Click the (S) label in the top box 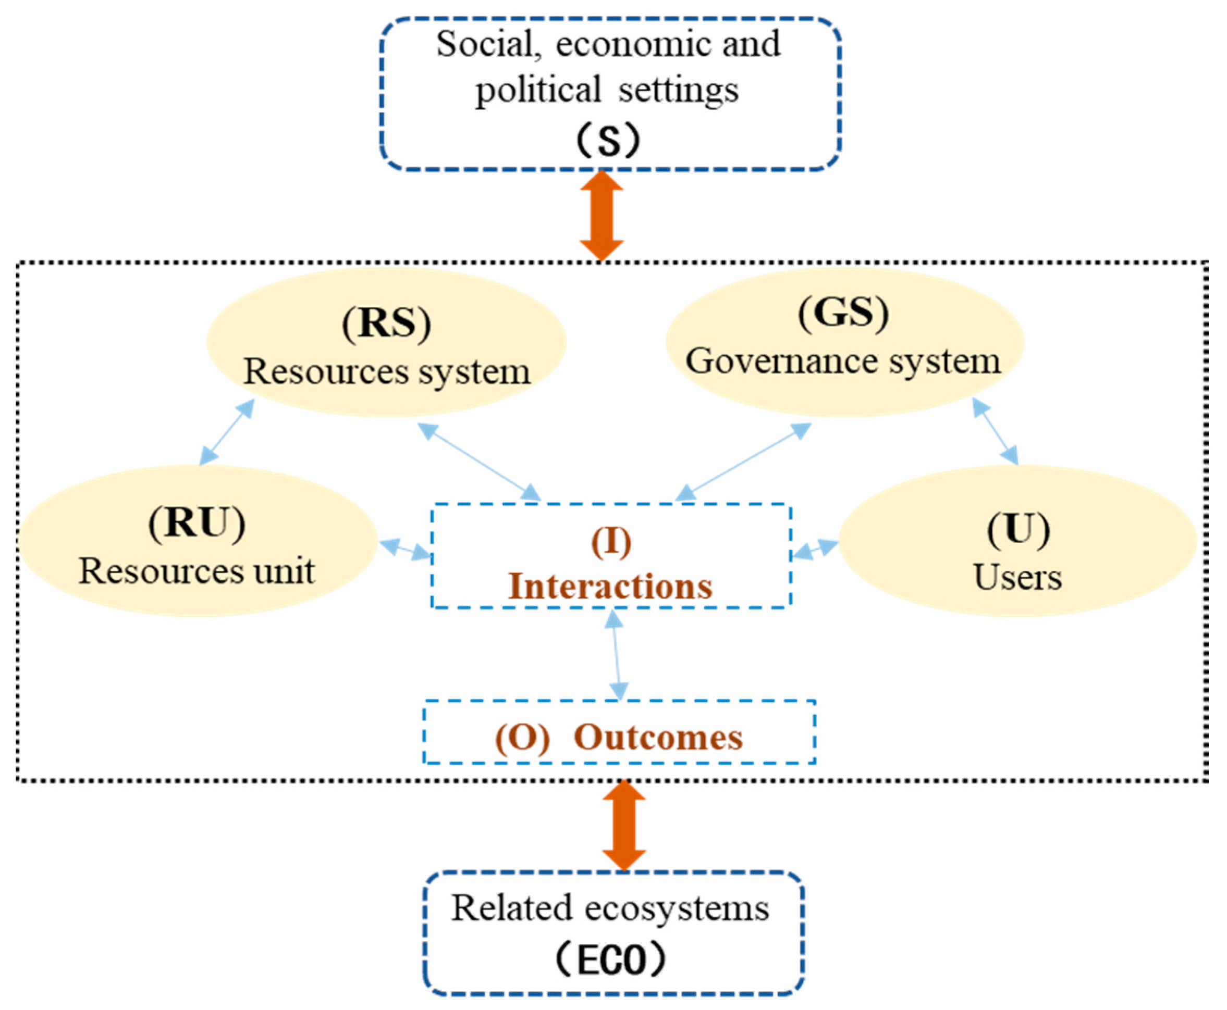608,140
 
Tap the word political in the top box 538,91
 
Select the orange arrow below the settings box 602,215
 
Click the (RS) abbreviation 386,324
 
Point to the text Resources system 386,372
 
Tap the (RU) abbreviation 197,523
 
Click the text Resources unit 197,572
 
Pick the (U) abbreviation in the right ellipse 1018,529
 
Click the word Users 1017,578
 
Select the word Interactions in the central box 610,587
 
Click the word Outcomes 658,738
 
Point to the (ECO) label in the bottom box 610,961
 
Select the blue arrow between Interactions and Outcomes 617,655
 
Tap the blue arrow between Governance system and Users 996,431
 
